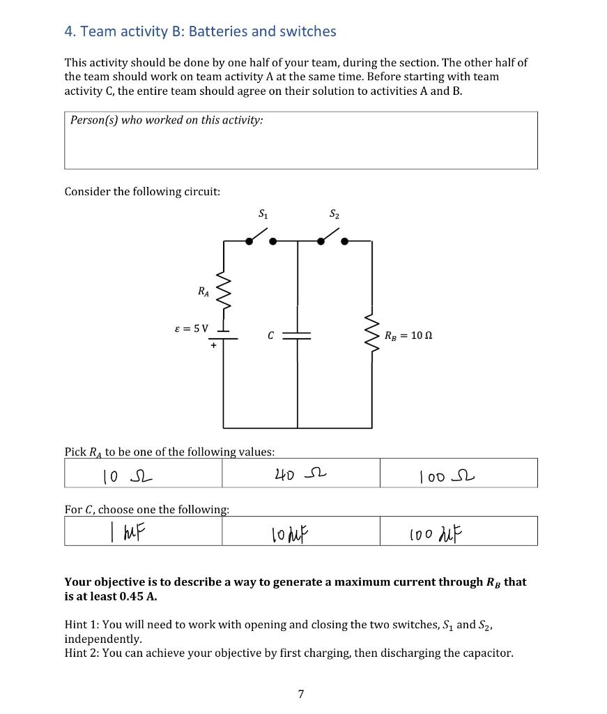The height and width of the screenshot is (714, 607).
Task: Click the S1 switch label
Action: click(263, 214)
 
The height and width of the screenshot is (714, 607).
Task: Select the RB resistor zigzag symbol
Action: click(371, 335)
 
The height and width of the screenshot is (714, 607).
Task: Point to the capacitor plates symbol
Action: click(298, 335)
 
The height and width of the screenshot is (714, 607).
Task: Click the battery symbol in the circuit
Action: click(224, 335)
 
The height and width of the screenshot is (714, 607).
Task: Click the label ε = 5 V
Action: click(191, 328)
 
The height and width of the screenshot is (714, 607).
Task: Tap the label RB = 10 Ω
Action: click(408, 335)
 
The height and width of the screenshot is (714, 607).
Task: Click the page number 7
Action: click(300, 694)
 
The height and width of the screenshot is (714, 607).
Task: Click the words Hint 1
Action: click(81, 625)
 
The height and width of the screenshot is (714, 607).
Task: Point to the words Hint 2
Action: click(81, 653)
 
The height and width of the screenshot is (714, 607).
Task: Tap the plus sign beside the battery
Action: click(213, 344)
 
